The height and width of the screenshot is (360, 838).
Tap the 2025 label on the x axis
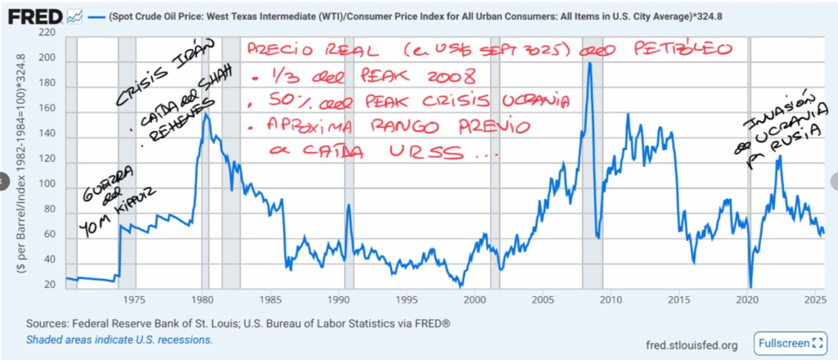coord(813,300)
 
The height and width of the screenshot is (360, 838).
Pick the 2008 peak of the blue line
coord(589,63)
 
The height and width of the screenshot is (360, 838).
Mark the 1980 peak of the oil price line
coord(205,113)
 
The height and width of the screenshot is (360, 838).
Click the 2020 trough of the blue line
coord(750,286)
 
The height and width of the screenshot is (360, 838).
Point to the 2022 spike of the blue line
coord(778,155)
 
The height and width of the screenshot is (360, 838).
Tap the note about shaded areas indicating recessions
coord(119,340)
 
